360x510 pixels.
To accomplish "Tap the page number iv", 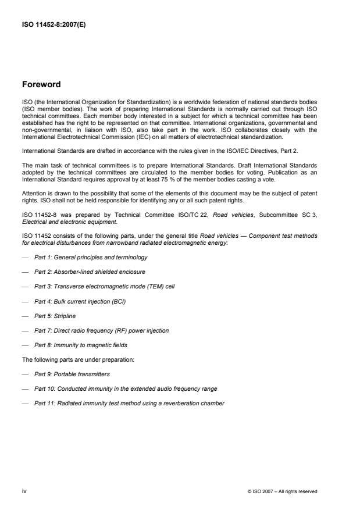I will pos(24,491).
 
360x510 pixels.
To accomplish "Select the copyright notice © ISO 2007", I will pos(282,491).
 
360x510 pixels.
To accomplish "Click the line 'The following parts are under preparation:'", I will pos(78,359).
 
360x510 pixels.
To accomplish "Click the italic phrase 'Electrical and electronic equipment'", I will pos(69,222).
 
